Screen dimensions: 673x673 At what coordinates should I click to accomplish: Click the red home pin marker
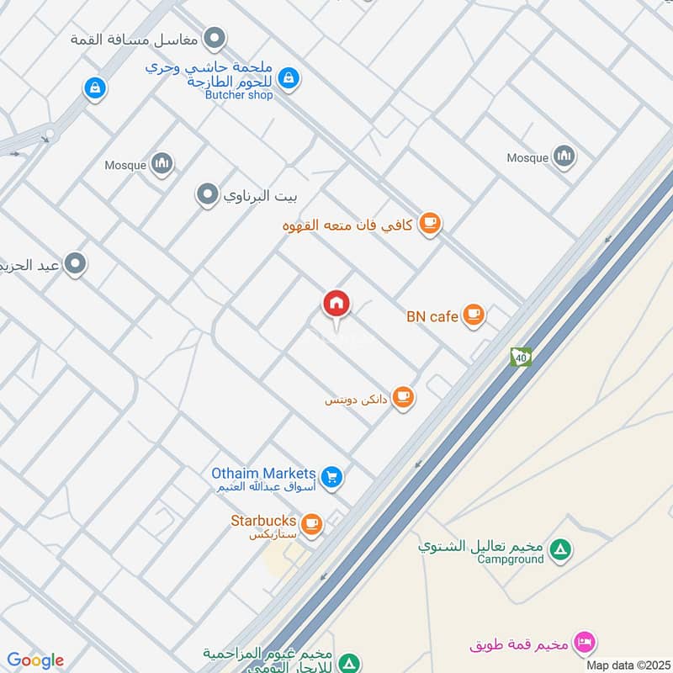click(x=336, y=304)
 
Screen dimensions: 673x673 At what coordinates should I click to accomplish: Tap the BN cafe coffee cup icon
click(x=474, y=315)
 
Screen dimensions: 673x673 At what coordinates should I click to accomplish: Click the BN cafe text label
click(x=432, y=316)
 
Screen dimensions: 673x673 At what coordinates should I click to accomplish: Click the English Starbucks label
click(x=263, y=521)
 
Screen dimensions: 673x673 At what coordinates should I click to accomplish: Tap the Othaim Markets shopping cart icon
click(x=332, y=477)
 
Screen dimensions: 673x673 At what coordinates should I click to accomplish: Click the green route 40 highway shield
click(x=521, y=357)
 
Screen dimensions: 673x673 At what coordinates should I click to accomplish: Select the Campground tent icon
click(x=559, y=551)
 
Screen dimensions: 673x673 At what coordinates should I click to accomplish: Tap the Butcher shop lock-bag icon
click(x=289, y=78)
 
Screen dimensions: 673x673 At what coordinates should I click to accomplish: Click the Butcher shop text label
click(x=239, y=95)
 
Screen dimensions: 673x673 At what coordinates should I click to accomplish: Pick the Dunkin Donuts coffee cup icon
click(x=404, y=396)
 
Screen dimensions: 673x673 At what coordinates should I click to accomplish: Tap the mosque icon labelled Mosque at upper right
click(x=564, y=156)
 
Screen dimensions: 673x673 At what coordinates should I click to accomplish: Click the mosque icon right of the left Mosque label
click(x=162, y=164)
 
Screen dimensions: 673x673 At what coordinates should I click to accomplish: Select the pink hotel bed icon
click(x=582, y=644)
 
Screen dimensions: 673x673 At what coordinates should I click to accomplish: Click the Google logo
click(x=34, y=660)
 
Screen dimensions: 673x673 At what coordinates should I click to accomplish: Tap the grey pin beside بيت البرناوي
click(x=207, y=196)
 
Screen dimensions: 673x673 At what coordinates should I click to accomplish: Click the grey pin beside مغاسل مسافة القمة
click(x=216, y=38)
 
